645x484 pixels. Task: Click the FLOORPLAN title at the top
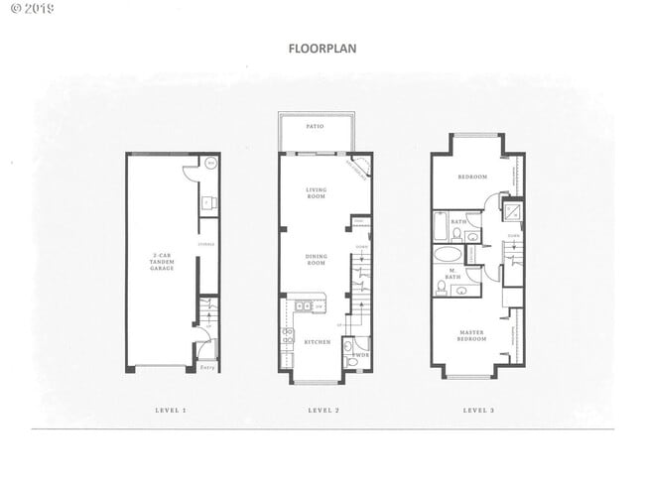click(x=322, y=47)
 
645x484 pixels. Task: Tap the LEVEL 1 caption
click(x=171, y=410)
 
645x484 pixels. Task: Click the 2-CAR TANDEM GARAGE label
click(x=162, y=262)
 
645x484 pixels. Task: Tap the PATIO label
click(x=316, y=127)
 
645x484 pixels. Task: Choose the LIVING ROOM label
click(x=317, y=192)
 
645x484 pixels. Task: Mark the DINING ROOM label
click(x=317, y=259)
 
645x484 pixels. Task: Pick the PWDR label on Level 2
click(x=362, y=354)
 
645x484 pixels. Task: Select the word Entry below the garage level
click(x=207, y=367)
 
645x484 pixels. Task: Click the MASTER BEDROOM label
click(x=471, y=335)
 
